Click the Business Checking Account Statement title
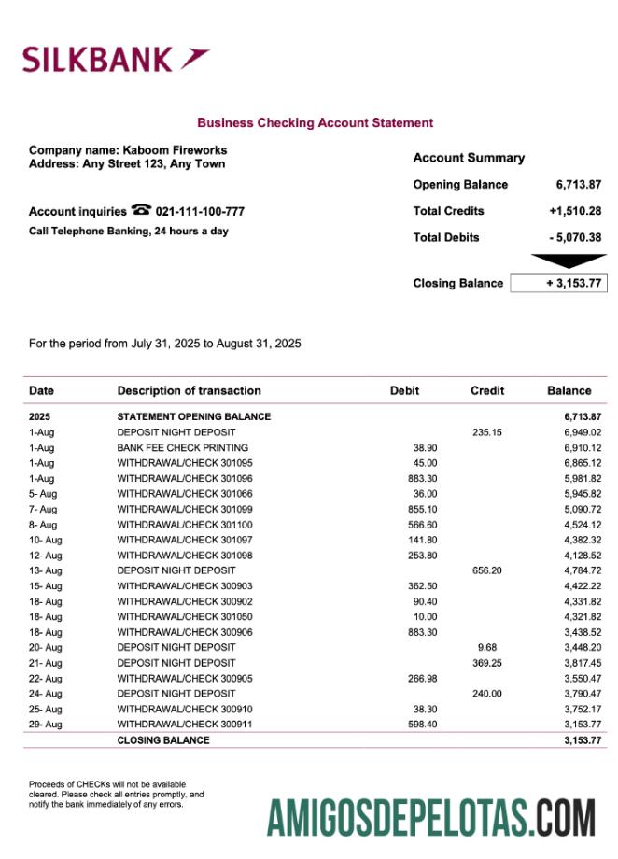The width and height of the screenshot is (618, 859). pyautogui.click(x=315, y=122)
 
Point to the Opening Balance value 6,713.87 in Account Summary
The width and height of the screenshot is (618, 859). pyautogui.click(x=578, y=185)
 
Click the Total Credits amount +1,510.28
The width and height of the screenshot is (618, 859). pyautogui.click(x=575, y=211)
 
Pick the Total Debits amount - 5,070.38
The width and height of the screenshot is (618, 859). pyautogui.click(x=575, y=237)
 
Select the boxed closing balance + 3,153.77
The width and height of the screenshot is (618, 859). pyautogui.click(x=558, y=283)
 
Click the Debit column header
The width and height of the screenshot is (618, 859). pyautogui.click(x=404, y=391)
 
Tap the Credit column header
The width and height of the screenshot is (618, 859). pyautogui.click(x=487, y=391)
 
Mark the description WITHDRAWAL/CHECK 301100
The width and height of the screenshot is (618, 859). pyautogui.click(x=185, y=525)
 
